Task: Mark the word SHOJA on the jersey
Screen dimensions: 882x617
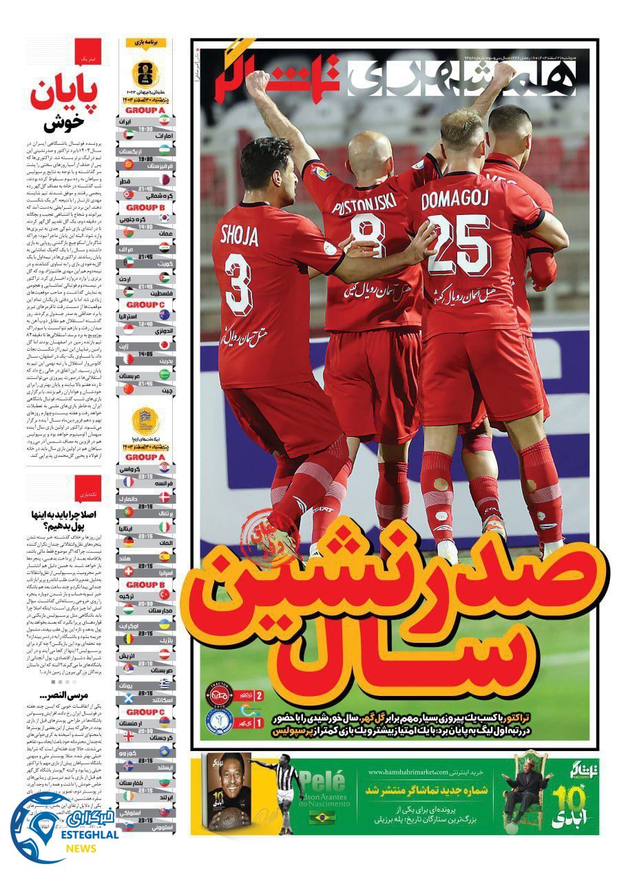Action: [240, 236]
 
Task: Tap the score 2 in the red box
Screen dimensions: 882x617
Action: [259, 697]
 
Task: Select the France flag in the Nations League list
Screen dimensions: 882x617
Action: [165, 482]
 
